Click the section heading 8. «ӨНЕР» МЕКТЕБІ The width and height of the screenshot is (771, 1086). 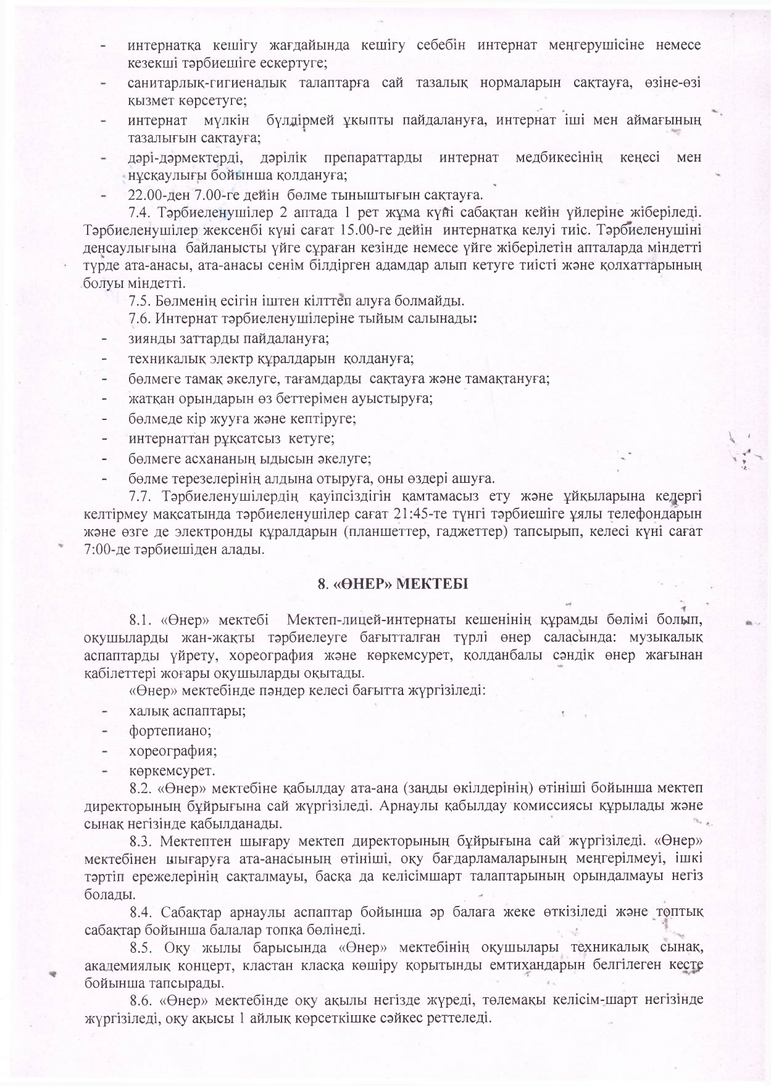click(393, 583)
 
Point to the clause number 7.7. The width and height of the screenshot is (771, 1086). click(141, 496)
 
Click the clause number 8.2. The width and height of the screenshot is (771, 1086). click(141, 789)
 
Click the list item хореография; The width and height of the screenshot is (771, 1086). click(173, 751)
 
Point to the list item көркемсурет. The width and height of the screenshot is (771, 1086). click(172, 771)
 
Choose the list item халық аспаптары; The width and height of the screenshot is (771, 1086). click(187, 711)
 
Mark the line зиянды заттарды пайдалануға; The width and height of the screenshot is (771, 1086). click(228, 339)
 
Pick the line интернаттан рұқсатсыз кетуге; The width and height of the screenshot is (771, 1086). click(231, 439)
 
